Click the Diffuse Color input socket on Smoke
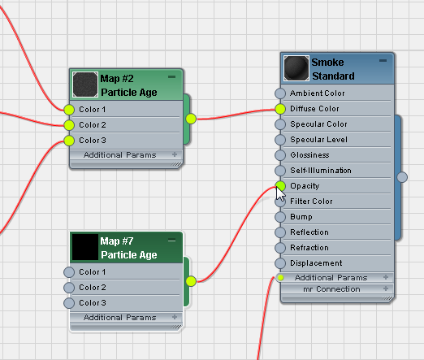(x=280, y=109)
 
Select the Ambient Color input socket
(x=280, y=93)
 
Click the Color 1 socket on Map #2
(x=69, y=110)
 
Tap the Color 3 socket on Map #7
(x=69, y=303)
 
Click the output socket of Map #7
(x=191, y=281)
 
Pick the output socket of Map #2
(x=191, y=119)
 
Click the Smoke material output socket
(x=402, y=177)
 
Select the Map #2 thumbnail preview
(x=85, y=85)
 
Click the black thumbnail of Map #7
(x=85, y=247)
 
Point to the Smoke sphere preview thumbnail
(x=296, y=68)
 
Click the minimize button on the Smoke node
(x=383, y=61)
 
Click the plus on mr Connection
(x=386, y=288)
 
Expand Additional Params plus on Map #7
(x=175, y=317)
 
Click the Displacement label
(x=316, y=263)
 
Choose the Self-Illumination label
(x=321, y=171)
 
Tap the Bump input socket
(x=280, y=217)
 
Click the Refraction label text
(x=309, y=248)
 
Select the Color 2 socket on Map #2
(x=69, y=125)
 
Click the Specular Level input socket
(x=280, y=140)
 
